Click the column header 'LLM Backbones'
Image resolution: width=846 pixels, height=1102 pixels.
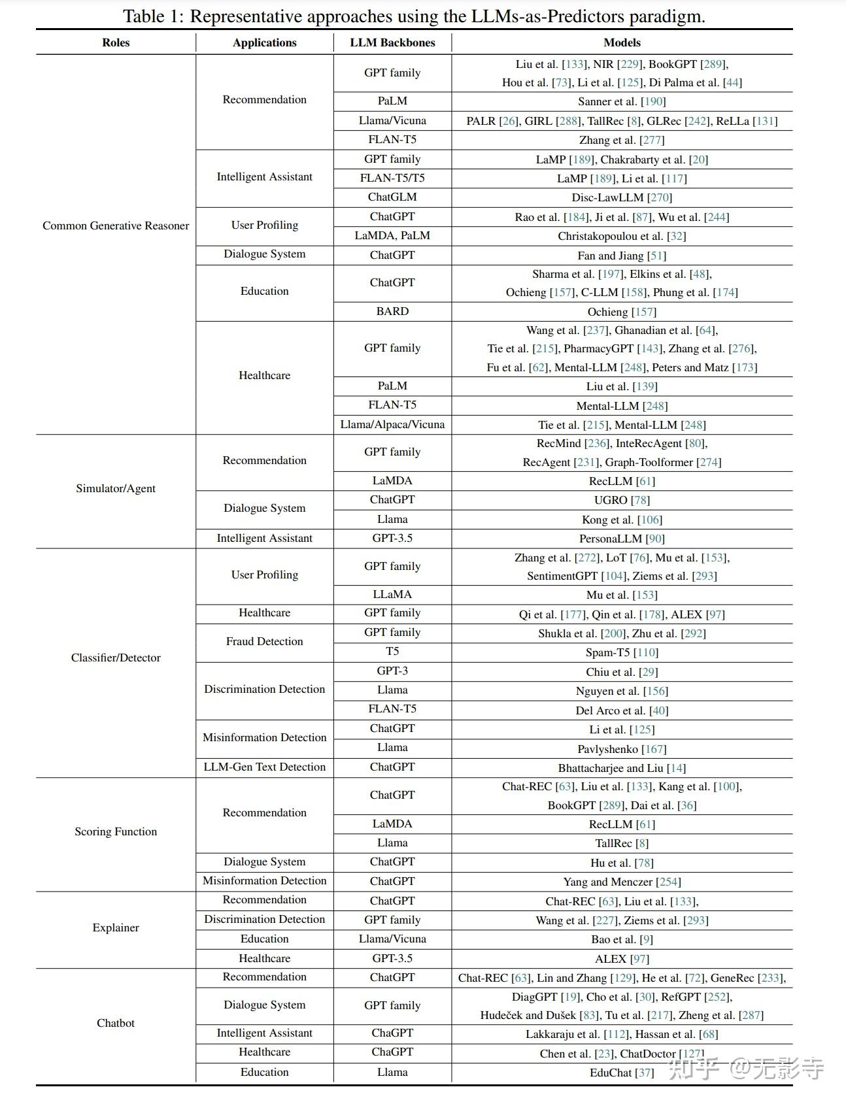tap(392, 42)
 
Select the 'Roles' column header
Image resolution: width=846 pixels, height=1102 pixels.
tap(116, 42)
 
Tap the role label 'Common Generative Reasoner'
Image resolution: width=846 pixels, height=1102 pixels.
tap(116, 225)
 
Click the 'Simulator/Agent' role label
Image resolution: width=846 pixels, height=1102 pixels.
tap(116, 488)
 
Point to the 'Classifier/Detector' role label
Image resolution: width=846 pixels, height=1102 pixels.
tap(116, 658)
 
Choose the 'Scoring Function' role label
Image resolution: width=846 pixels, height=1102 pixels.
tap(116, 831)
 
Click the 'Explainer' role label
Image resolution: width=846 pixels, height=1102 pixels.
tap(116, 927)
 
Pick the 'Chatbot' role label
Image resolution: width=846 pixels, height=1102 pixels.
tap(116, 1023)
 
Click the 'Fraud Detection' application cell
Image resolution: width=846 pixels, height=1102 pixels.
tap(264, 641)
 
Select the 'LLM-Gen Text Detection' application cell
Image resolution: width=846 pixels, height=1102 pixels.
tap(264, 767)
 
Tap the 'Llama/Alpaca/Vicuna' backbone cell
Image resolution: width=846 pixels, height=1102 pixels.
tap(392, 424)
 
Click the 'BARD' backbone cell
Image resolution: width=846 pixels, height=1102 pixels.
tap(392, 311)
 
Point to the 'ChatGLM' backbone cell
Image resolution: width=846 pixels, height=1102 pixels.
tap(392, 197)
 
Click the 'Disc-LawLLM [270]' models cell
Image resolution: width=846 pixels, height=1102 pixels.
tap(622, 197)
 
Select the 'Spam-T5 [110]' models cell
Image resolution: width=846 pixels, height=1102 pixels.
tap(622, 652)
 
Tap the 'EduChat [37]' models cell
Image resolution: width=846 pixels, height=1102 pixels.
tap(622, 1073)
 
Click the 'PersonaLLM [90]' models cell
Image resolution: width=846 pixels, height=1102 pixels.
tap(622, 539)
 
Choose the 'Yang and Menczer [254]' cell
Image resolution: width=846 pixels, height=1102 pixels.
tap(622, 882)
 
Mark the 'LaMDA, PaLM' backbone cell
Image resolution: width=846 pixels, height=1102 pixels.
tap(392, 235)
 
